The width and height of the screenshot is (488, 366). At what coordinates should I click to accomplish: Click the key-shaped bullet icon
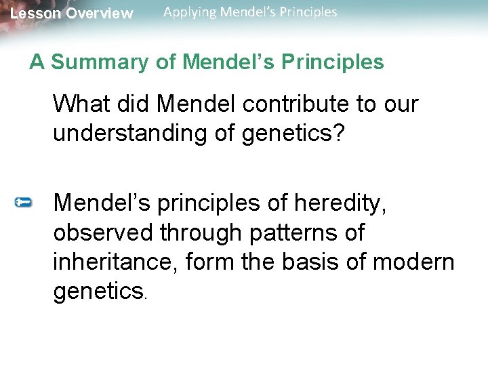pos(24,202)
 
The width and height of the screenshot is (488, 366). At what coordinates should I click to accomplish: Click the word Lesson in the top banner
pos(33,14)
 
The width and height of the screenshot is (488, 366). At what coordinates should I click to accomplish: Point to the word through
pos(201,232)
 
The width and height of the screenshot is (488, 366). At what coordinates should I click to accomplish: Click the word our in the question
pos(403,104)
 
